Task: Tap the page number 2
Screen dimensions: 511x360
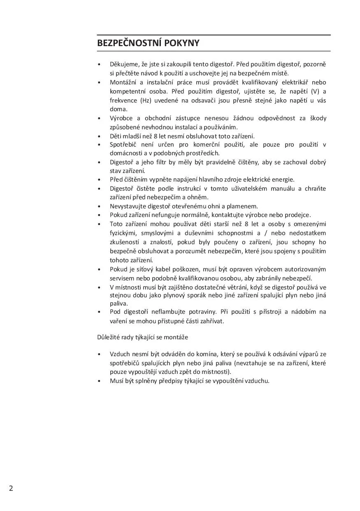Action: (11, 488)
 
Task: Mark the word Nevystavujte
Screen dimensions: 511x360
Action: (128, 206)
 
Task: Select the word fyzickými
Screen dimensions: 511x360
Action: (123, 233)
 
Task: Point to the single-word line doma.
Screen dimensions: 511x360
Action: (118, 109)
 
